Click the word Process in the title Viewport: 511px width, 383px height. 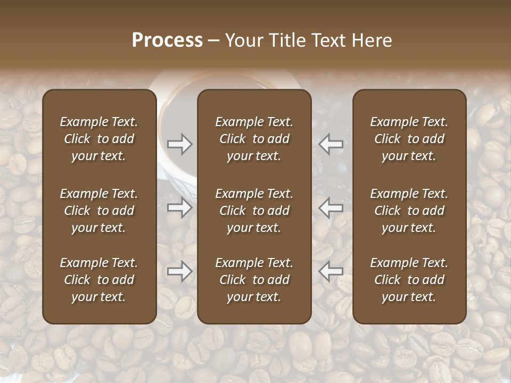167,40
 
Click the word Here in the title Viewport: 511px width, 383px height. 372,40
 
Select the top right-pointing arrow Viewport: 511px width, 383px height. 179,144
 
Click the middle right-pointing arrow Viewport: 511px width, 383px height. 179,207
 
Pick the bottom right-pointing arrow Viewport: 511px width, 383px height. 179,271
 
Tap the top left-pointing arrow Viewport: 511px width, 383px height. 331,144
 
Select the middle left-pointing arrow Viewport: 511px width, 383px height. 331,207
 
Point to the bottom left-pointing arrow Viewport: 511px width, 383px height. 331,271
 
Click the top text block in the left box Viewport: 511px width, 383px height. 99,139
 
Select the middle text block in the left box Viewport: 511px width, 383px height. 99,211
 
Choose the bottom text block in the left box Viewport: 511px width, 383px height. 99,280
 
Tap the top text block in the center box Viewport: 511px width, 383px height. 254,139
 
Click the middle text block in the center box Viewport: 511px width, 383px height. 254,211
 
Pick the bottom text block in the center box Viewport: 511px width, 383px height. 254,280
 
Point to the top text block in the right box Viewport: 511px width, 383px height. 409,139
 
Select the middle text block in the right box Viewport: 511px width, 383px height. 409,211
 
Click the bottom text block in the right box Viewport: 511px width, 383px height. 409,280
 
